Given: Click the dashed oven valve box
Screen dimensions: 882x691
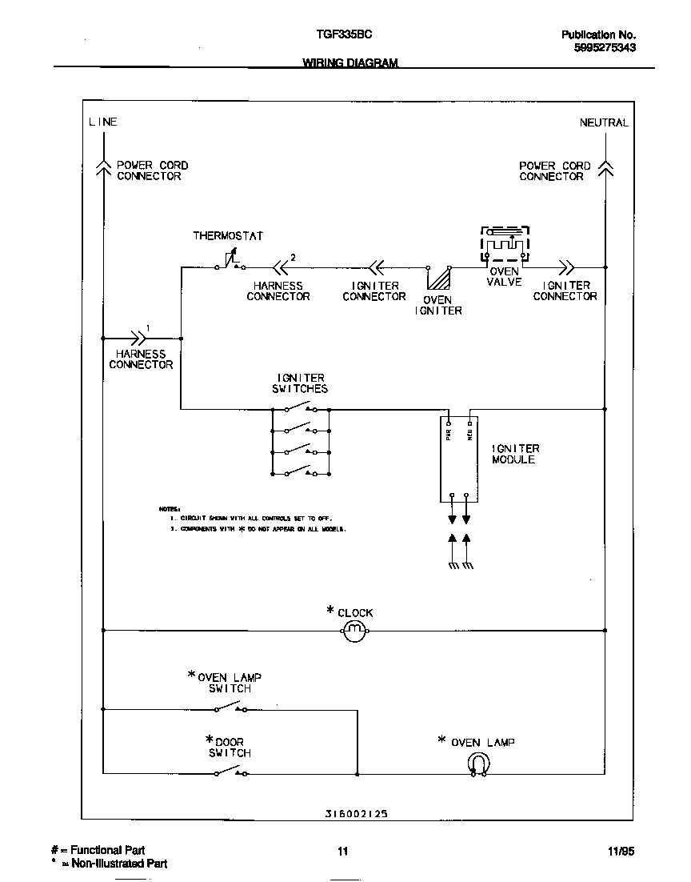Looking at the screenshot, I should tap(504, 243).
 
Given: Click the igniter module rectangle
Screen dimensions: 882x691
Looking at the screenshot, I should tap(459, 459).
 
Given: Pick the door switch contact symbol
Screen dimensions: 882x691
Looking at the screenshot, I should tap(230, 772).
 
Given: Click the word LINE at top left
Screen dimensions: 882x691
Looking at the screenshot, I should tap(102, 122).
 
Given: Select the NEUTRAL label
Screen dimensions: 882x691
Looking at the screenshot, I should tap(604, 122).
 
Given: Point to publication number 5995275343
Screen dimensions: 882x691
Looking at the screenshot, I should tap(605, 48).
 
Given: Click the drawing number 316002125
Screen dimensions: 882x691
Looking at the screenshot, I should tap(357, 813).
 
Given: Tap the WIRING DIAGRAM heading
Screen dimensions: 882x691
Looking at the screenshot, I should tap(349, 63).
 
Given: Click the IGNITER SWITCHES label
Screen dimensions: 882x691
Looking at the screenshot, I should tap(301, 383).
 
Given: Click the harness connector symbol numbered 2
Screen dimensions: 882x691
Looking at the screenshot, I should tap(281, 267).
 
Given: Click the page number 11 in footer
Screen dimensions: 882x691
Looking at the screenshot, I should tap(342, 851).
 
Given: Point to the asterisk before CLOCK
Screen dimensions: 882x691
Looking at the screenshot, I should tap(330, 611).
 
